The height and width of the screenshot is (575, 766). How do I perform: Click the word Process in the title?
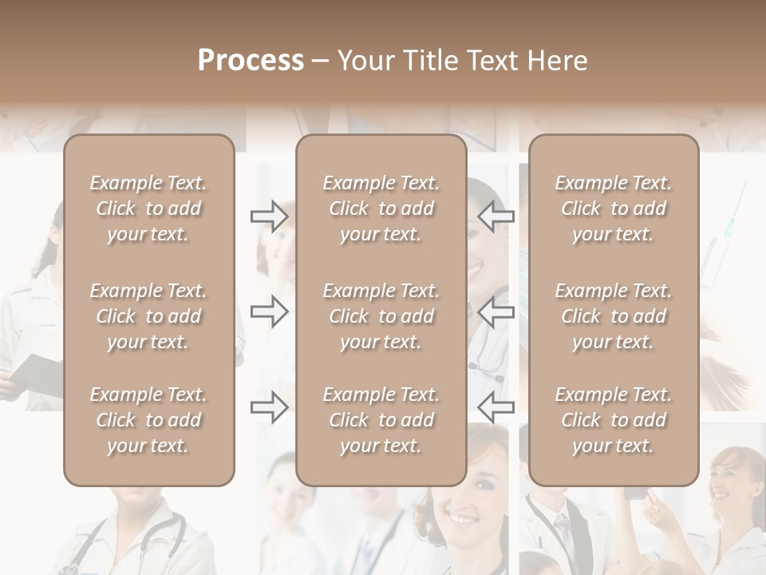(x=251, y=61)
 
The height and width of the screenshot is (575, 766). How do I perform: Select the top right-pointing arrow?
(x=270, y=216)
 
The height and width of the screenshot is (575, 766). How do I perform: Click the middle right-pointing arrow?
(x=270, y=311)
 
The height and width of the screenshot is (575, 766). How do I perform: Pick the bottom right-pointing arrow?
(x=270, y=406)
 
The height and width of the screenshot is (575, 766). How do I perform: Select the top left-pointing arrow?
(x=496, y=216)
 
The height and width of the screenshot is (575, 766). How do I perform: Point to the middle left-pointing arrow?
(x=496, y=311)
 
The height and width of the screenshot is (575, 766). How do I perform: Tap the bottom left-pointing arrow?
(x=496, y=406)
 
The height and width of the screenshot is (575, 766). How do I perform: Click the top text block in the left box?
(x=148, y=208)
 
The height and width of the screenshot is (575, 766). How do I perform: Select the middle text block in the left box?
(x=148, y=316)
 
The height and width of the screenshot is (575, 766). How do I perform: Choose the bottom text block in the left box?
(x=148, y=420)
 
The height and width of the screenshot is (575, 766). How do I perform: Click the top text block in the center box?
(x=381, y=208)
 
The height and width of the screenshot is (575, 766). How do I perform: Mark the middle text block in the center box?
(x=381, y=316)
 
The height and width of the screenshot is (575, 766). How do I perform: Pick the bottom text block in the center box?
(x=381, y=420)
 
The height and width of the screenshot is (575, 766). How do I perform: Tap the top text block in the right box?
(x=613, y=208)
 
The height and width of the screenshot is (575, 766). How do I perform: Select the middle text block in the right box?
(x=613, y=316)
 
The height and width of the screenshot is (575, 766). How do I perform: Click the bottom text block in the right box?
(x=613, y=420)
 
